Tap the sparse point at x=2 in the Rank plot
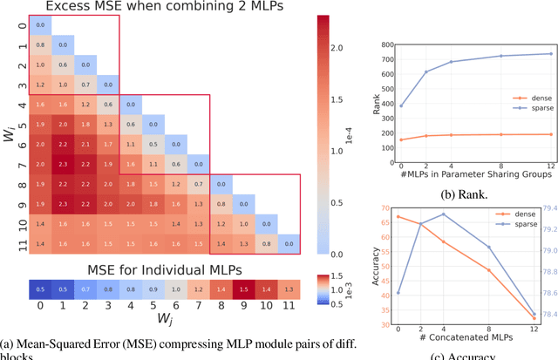click(426, 72)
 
